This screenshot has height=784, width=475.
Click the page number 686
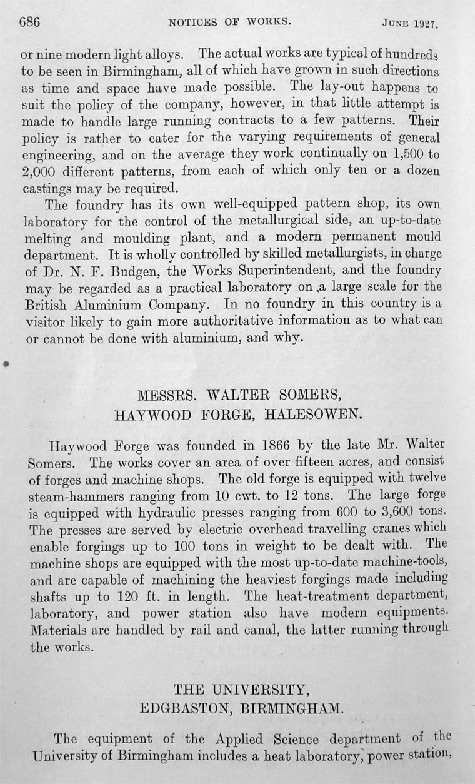coord(29,24)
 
